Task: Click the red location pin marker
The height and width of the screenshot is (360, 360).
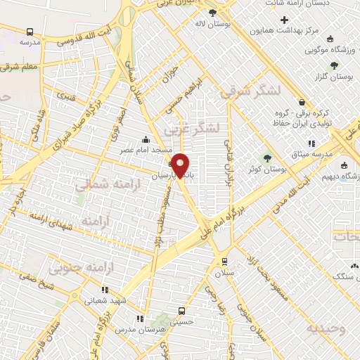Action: (x=181, y=165)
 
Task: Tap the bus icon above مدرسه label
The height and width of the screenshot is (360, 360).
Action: (x=30, y=32)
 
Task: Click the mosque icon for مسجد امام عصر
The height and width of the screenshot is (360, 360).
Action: (x=146, y=139)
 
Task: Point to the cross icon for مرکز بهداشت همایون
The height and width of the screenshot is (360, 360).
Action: (x=284, y=20)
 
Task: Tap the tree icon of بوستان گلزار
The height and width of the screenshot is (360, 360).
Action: (x=333, y=65)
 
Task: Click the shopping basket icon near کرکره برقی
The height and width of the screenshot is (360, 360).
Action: (x=302, y=103)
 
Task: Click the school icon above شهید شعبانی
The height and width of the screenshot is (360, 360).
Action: (x=105, y=289)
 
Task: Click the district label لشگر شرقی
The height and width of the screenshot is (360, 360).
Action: (x=250, y=91)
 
